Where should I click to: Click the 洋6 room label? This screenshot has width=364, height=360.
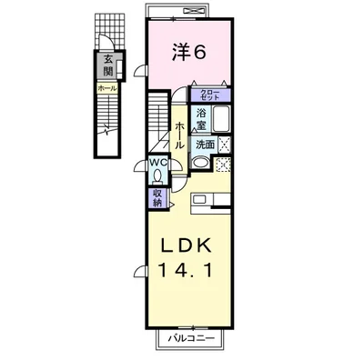[191, 53]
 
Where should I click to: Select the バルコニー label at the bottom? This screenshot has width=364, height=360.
[189, 339]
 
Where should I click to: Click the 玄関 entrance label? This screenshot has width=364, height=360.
[108, 65]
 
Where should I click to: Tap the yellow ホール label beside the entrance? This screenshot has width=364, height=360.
[107, 88]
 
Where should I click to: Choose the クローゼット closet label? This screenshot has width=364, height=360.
[209, 94]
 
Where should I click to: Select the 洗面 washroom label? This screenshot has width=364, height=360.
[205, 144]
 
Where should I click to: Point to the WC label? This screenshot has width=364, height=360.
[157, 164]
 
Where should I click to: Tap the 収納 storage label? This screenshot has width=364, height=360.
[157, 198]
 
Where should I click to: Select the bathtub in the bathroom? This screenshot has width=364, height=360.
[222, 119]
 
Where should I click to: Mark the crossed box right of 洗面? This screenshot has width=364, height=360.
[224, 144]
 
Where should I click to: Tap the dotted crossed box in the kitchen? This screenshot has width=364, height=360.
[223, 164]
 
